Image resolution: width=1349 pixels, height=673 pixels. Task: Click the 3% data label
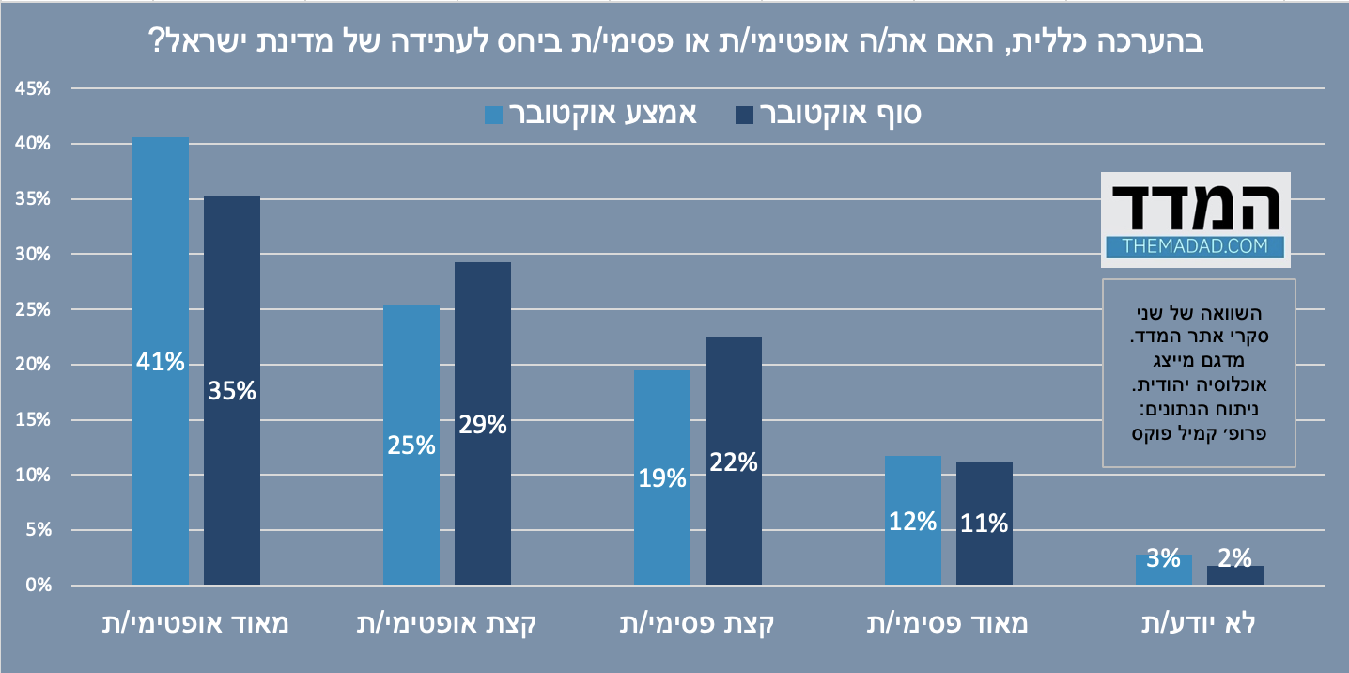(1163, 558)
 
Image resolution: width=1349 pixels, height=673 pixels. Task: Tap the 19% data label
(661, 478)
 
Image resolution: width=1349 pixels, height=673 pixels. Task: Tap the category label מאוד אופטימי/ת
(195, 623)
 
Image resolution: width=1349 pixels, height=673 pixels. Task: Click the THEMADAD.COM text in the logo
(1195, 247)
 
